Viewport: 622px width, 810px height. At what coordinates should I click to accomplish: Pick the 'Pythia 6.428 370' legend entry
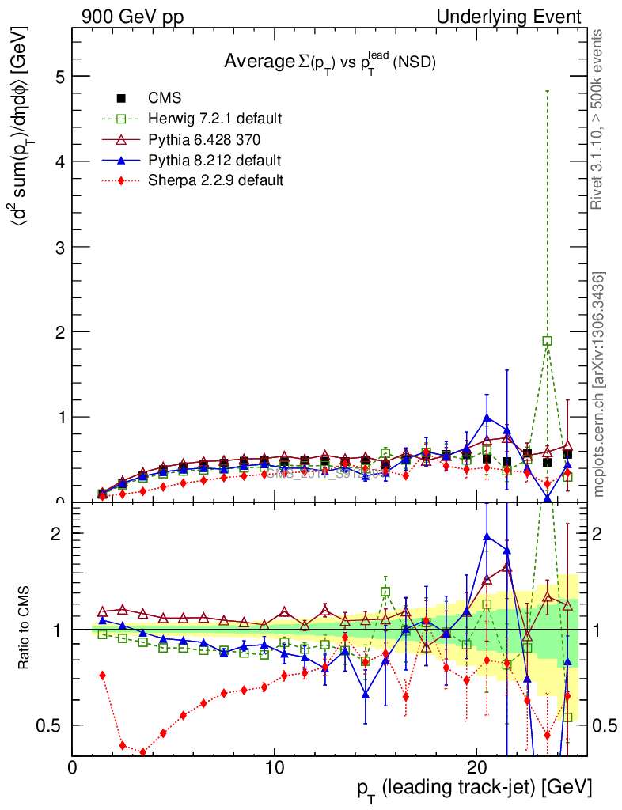[206, 140]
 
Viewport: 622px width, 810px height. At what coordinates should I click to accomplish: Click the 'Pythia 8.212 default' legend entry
[214, 161]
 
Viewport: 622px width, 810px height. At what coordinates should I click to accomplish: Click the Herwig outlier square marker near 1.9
[547, 341]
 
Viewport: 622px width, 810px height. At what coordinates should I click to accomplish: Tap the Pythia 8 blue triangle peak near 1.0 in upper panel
[487, 418]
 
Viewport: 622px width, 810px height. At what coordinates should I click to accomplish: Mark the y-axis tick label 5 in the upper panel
[59, 77]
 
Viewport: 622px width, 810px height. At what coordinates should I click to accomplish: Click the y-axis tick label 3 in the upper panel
[59, 247]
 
